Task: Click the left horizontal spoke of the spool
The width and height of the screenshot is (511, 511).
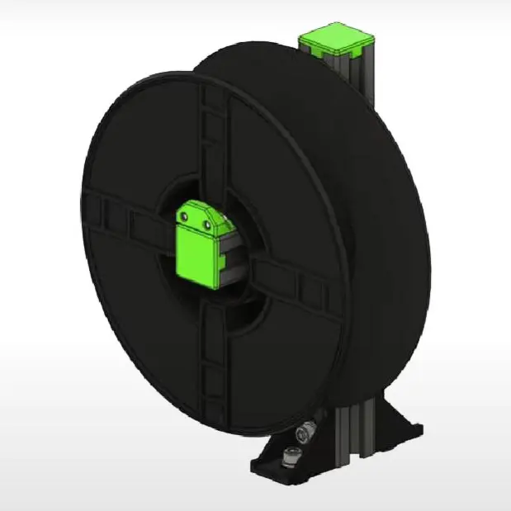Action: [124, 219]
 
